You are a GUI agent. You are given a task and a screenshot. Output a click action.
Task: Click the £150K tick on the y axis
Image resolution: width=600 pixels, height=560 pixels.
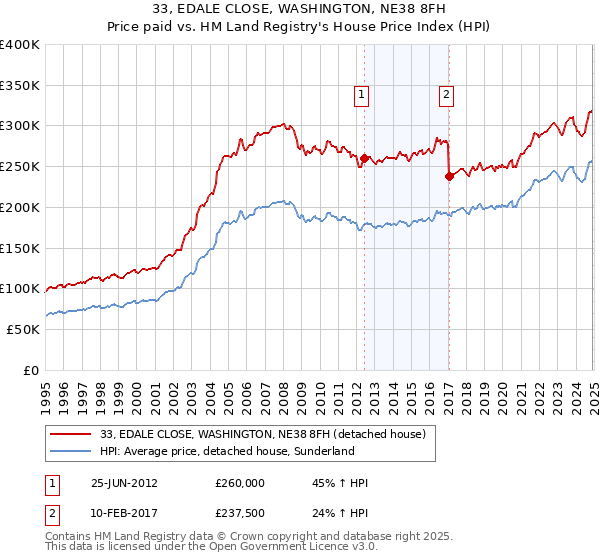[x=20, y=248]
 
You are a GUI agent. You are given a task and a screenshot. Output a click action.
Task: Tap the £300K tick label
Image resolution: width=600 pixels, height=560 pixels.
[x=20, y=126]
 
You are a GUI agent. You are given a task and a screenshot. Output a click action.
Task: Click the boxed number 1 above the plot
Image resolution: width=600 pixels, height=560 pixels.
[x=360, y=96]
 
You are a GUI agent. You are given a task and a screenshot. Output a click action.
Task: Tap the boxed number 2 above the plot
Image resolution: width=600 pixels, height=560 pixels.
[x=445, y=96]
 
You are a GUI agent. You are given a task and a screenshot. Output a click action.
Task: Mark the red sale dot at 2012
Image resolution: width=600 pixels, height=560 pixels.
[x=364, y=158]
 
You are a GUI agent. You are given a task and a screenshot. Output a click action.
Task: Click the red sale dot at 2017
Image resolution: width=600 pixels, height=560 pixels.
[x=449, y=176]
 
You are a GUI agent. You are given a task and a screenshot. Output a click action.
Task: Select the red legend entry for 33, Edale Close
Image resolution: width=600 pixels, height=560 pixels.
[x=264, y=433]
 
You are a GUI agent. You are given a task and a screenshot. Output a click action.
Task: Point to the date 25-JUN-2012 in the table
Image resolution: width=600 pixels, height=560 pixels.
[x=125, y=484]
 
